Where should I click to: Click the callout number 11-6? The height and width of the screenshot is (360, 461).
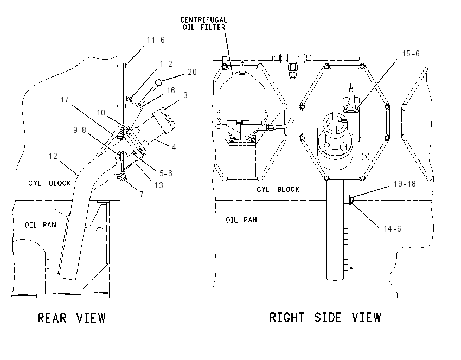pos(156,40)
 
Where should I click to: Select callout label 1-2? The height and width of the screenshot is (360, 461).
pos(166,64)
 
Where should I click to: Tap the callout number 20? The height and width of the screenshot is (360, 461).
pos(192,72)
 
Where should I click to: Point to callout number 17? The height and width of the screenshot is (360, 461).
pos(65,100)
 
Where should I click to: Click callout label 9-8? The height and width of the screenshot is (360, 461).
pos(79,130)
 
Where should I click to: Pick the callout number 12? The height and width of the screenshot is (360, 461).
pos(53,156)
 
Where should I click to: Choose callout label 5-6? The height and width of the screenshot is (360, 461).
pos(166,173)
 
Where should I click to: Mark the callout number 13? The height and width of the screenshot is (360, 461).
pos(159,185)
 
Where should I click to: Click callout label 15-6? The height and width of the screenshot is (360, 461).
pos(411,54)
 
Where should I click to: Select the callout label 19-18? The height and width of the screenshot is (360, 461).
pos(405,184)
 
